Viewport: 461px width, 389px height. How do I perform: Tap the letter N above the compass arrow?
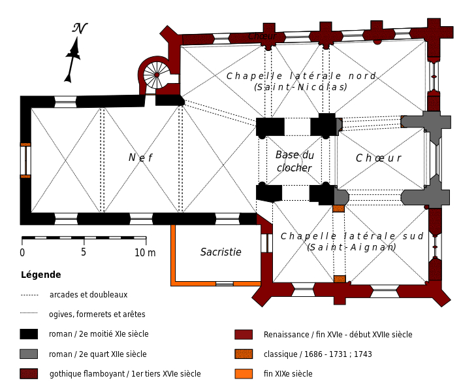79,28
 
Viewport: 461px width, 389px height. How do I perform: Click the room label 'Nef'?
140,158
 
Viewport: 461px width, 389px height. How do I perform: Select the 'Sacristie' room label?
221,252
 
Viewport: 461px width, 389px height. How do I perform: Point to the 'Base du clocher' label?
294,161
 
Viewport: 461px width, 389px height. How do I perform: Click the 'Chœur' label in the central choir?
378,158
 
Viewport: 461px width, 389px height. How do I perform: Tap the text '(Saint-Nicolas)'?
300,87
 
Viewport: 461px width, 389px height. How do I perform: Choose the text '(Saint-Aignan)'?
351,247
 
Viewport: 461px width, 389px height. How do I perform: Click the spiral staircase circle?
157,75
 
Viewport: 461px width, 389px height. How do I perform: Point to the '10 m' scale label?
145,252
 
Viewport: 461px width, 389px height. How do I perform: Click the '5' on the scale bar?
84,252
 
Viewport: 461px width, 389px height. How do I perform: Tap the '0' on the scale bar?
22,252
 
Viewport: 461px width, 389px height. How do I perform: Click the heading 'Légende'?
41,275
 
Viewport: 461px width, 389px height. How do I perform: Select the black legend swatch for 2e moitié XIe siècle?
29,334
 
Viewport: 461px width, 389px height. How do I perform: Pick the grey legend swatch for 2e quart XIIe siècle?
29,354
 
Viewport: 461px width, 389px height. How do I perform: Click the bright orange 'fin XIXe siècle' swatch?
244,374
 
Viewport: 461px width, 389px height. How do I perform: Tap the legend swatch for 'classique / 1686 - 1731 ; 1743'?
244,354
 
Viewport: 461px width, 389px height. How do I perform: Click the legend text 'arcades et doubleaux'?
88,295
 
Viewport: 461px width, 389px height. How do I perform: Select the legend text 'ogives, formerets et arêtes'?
97,314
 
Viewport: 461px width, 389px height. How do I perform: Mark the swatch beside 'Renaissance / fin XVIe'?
244,334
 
